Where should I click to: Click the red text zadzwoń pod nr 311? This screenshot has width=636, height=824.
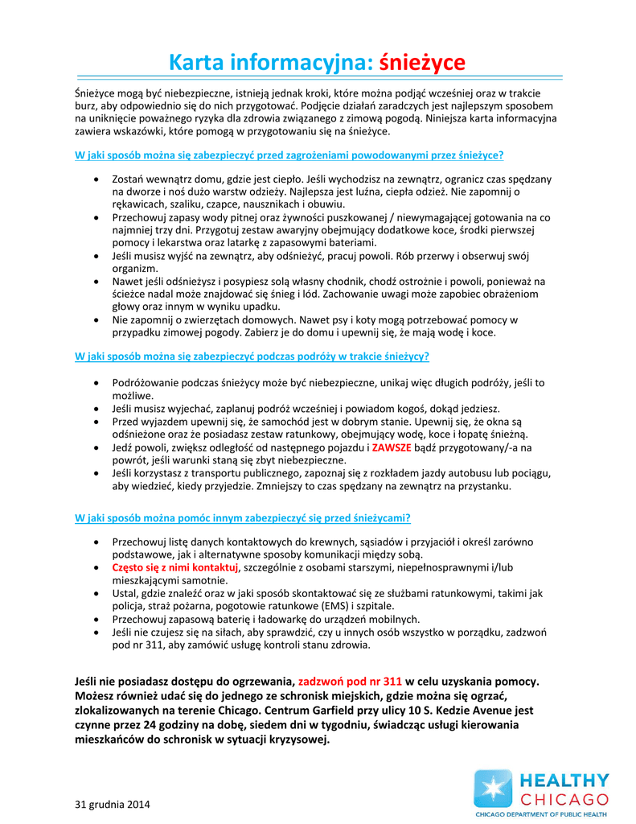(x=350, y=682)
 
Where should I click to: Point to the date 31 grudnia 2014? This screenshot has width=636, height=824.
(x=112, y=804)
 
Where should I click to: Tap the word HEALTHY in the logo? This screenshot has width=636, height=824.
(x=564, y=780)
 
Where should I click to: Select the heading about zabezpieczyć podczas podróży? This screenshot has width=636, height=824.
(x=252, y=356)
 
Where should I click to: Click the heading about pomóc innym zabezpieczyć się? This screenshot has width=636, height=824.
(x=243, y=517)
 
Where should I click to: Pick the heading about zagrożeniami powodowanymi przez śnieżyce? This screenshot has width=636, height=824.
(x=289, y=154)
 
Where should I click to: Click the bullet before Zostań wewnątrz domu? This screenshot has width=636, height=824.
(x=97, y=179)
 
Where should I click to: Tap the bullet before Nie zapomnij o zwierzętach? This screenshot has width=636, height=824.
(x=97, y=319)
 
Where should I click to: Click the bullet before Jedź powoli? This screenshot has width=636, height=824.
(x=97, y=447)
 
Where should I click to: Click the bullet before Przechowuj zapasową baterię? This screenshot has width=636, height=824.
(x=97, y=619)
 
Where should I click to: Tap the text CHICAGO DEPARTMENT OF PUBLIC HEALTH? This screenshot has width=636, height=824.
(x=541, y=814)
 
